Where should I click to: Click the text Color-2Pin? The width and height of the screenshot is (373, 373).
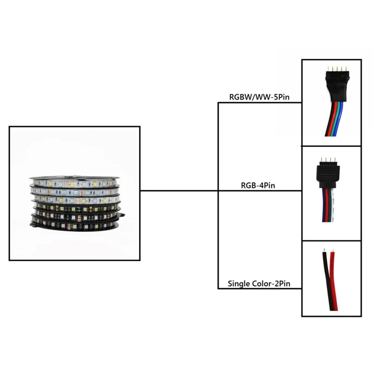click(x=275, y=283)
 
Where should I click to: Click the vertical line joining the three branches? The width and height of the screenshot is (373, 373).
click(x=218, y=233)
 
